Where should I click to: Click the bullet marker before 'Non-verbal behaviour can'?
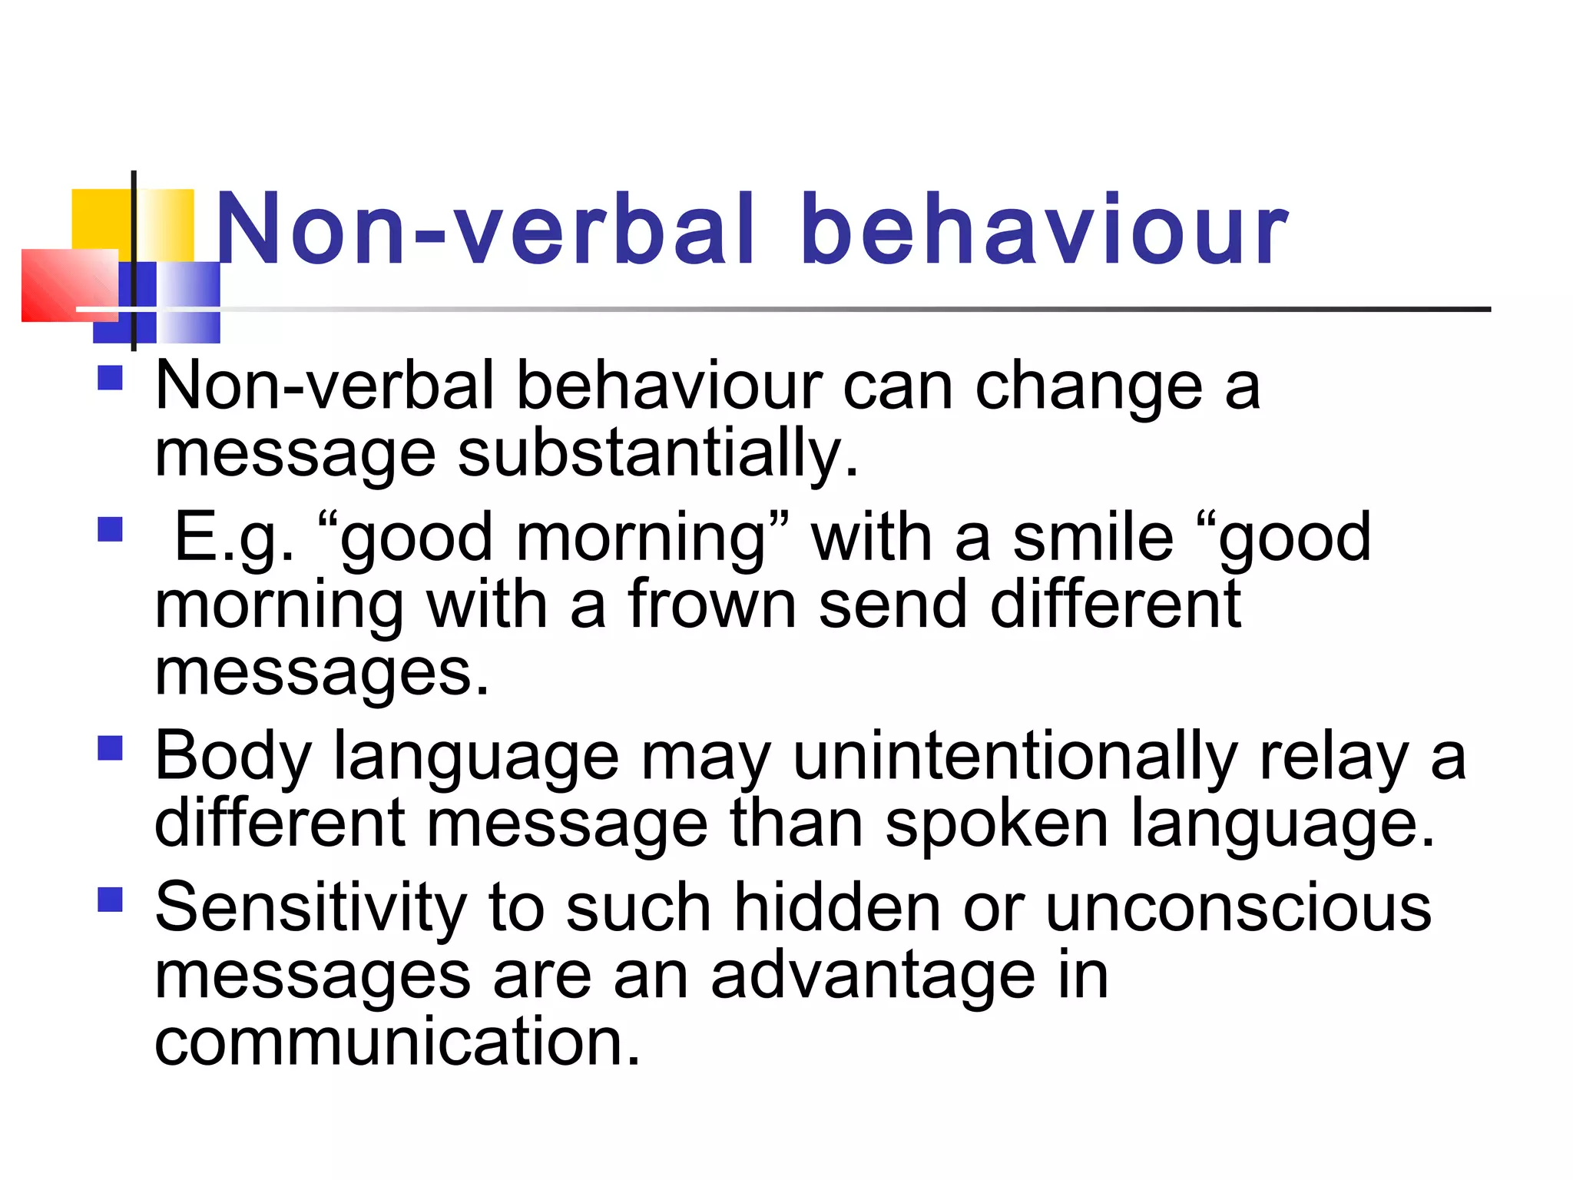pyautogui.click(x=111, y=378)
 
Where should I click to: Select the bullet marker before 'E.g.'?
pyautogui.click(x=111, y=529)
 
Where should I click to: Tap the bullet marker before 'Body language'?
pyautogui.click(x=111, y=747)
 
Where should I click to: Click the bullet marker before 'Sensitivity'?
pyautogui.click(x=111, y=899)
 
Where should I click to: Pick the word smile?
pyautogui.click(x=1093, y=537)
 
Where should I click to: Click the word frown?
pyautogui.click(x=712, y=605)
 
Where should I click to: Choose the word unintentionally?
pyautogui.click(x=1014, y=757)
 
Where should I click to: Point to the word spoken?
pyautogui.click(x=996, y=824)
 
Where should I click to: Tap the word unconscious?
pyautogui.click(x=1238, y=908)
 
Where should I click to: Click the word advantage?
pyautogui.click(x=873, y=976)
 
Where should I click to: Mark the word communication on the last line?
pyautogui.click(x=397, y=1042)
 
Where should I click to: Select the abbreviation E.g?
pyautogui.click(x=234, y=537)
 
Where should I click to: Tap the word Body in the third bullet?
pyautogui.click(x=233, y=757)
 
